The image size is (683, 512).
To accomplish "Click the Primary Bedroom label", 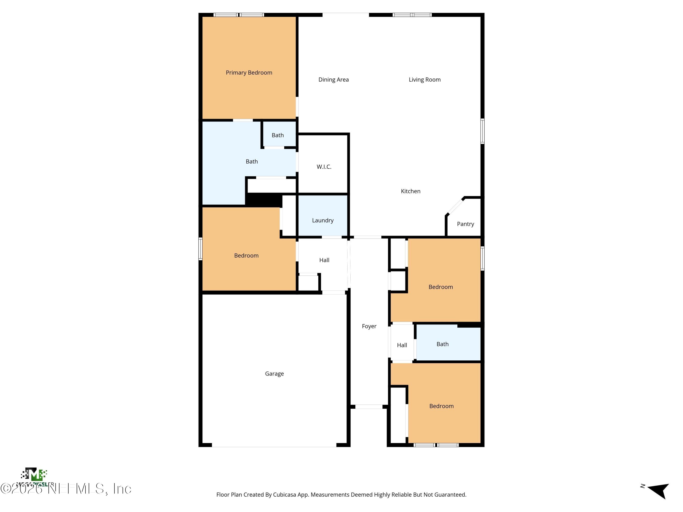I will pyautogui.click(x=249, y=73).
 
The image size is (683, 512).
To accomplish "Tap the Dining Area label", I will pyautogui.click(x=334, y=80).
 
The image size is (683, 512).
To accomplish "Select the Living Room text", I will pyautogui.click(x=425, y=80).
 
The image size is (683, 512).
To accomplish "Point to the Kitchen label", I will pyautogui.click(x=410, y=191).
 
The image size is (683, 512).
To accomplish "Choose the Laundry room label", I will pyautogui.click(x=323, y=220).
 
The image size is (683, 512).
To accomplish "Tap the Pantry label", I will pyautogui.click(x=465, y=224).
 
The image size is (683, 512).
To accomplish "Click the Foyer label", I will pyautogui.click(x=369, y=326).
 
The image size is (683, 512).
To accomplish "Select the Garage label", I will pyautogui.click(x=274, y=374).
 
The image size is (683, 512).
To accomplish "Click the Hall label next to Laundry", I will pyautogui.click(x=324, y=260).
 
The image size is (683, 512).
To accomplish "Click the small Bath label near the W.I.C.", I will pyautogui.click(x=278, y=135).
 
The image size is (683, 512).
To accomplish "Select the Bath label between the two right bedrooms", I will pyautogui.click(x=442, y=344).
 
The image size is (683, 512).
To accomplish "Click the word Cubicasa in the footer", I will pyautogui.click(x=284, y=495).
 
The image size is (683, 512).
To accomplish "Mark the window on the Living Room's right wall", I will pyautogui.click(x=482, y=131).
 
